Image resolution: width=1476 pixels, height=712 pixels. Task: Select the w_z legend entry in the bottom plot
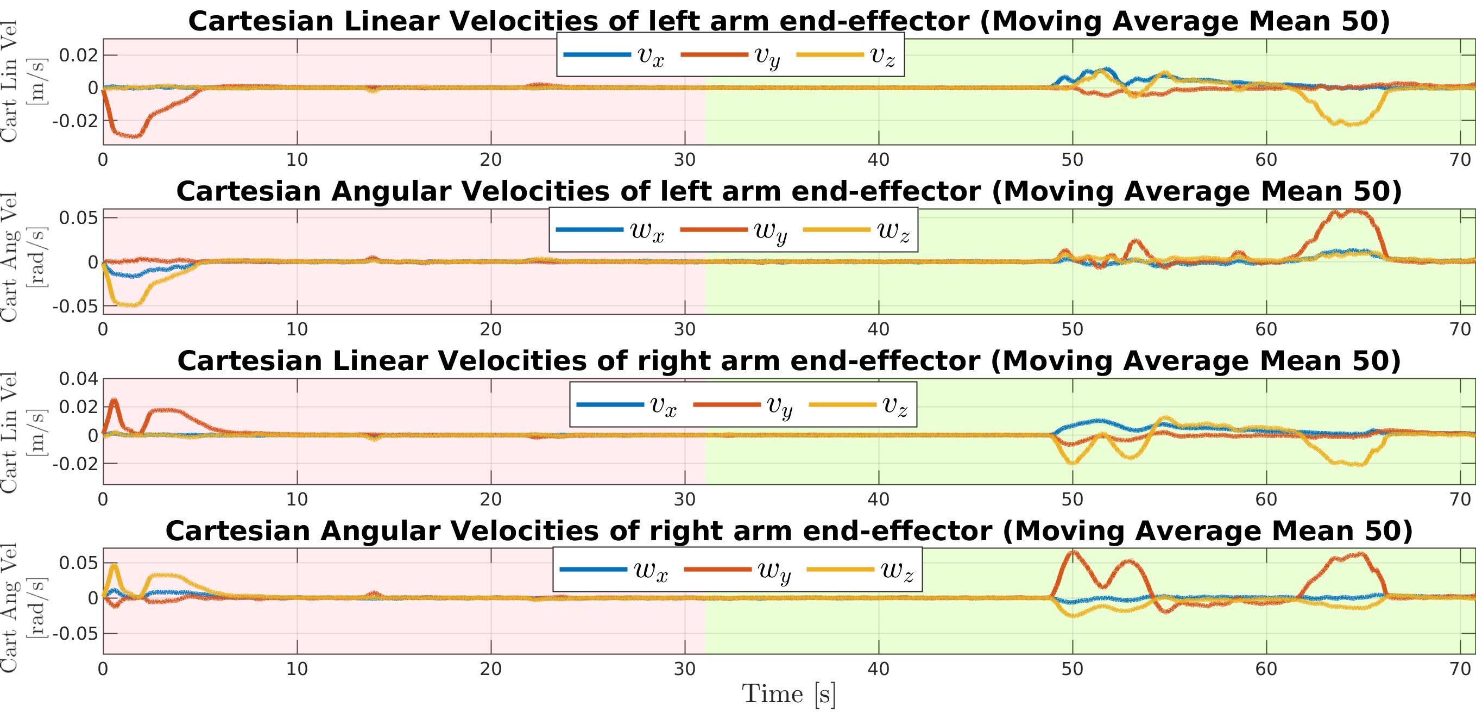click(x=860, y=570)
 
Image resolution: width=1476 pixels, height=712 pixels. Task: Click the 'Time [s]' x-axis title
click(x=789, y=694)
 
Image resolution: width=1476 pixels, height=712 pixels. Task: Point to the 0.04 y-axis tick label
click(x=79, y=378)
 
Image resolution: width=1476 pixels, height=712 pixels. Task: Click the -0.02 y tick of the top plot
click(x=75, y=121)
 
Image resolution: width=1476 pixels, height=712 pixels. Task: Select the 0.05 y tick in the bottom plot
click(x=79, y=563)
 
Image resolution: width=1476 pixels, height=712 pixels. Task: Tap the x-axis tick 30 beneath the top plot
click(x=685, y=160)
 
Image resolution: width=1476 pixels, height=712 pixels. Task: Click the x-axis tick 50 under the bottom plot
click(x=1072, y=669)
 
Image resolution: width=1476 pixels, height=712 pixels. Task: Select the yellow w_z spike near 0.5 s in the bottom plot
click(x=114, y=566)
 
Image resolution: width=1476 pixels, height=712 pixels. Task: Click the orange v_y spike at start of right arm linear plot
click(x=114, y=401)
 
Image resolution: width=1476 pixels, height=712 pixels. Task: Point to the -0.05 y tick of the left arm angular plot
click(x=75, y=306)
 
